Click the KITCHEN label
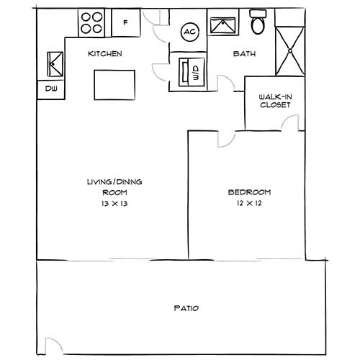tap(104, 54)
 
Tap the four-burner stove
tap(91, 23)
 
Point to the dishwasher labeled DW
tap(51, 89)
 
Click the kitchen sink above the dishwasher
tap(52, 66)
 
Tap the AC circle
tap(190, 32)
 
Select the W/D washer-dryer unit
tap(191, 71)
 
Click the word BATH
tap(240, 54)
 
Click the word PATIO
tap(186, 308)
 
